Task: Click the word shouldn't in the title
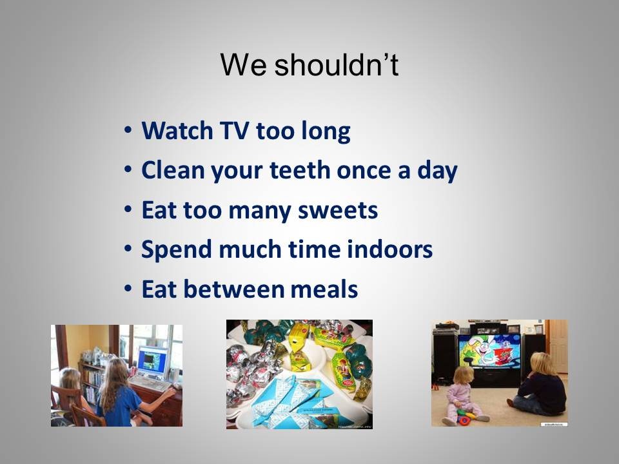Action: click(x=337, y=64)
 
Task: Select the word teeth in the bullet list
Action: click(x=300, y=170)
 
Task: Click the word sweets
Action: click(x=338, y=210)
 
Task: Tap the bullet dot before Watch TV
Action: click(x=128, y=130)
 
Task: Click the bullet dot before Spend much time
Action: click(x=128, y=249)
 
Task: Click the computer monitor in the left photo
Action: click(x=152, y=362)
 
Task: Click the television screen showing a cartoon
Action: click(x=489, y=351)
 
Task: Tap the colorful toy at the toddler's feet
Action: click(x=466, y=417)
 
